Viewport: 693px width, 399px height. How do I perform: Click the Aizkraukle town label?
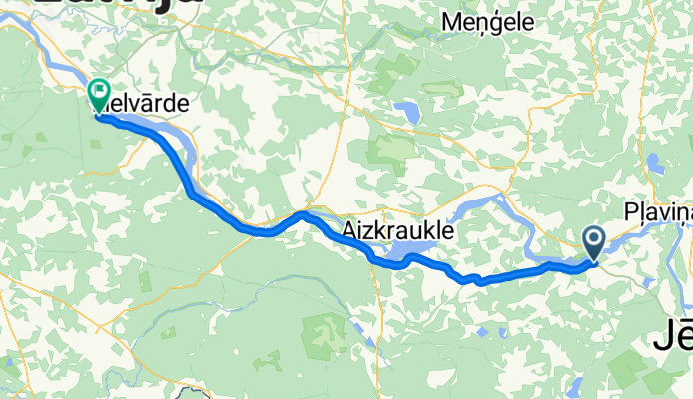click(397, 231)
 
